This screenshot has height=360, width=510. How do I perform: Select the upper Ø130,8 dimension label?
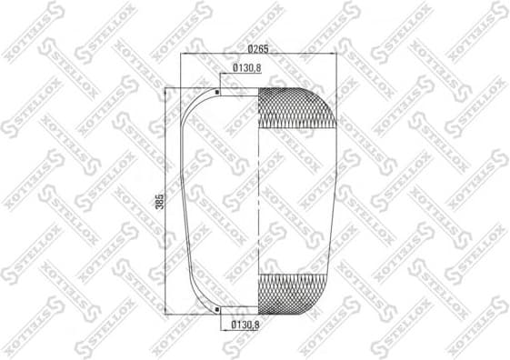click(x=248, y=68)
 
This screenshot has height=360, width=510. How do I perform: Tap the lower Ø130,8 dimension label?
click(x=247, y=325)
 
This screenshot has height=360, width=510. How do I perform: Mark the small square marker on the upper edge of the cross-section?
click(x=218, y=91)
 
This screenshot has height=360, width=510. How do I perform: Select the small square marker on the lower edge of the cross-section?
click(x=218, y=310)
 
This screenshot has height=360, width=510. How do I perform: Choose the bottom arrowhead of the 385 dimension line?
click(x=167, y=315)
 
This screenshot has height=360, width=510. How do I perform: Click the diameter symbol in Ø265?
click(x=247, y=48)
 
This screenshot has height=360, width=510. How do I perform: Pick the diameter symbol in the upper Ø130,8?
click(x=235, y=68)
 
